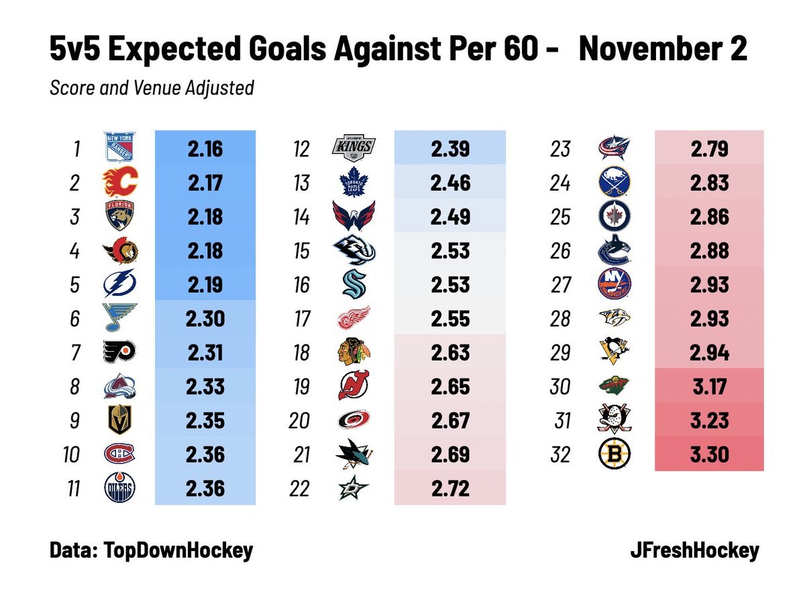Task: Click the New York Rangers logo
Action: point(120,148)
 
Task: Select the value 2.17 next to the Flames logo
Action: point(205,182)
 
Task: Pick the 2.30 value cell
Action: point(205,319)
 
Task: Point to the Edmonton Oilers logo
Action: point(120,489)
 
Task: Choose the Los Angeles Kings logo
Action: point(355,148)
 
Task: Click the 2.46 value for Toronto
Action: point(450,182)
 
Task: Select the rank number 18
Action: point(302,353)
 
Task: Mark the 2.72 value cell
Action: point(450,489)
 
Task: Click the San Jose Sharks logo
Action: point(355,455)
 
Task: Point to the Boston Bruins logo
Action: point(614,455)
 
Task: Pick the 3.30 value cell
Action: point(708,455)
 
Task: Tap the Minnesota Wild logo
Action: point(614,387)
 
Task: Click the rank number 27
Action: point(559,285)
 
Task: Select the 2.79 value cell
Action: point(708,148)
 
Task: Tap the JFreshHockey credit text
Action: point(694,551)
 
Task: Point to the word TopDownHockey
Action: point(177,551)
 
